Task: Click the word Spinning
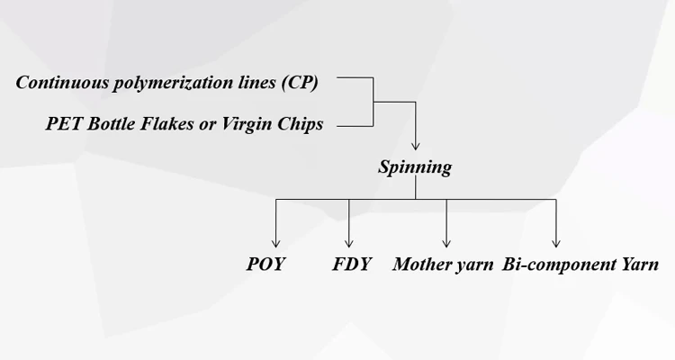(415, 167)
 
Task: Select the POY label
(265, 265)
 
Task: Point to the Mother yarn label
(443, 265)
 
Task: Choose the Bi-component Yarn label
(580, 265)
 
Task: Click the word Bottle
(112, 125)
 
